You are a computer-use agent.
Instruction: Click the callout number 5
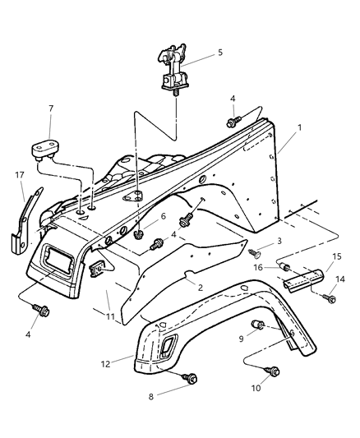(219, 53)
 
